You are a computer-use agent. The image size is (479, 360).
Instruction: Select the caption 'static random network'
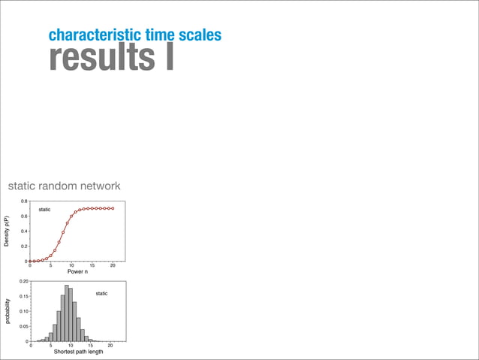[x=64, y=186]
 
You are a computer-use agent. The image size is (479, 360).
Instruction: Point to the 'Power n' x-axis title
[x=77, y=271]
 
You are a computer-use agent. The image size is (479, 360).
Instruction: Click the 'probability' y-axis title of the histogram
[x=8, y=311]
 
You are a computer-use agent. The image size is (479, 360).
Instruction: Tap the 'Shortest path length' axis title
[x=78, y=352]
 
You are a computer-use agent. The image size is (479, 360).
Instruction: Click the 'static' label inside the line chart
[x=44, y=209]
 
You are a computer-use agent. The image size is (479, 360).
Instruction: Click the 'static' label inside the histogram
[x=101, y=293]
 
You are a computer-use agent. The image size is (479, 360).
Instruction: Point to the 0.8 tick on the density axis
[x=24, y=201]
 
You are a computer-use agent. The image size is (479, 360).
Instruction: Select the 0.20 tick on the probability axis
[x=23, y=281]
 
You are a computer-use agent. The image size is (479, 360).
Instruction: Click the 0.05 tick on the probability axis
[x=23, y=327]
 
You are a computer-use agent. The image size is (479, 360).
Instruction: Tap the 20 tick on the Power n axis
[x=113, y=265]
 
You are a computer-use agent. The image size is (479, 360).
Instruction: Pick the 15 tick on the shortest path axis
[x=90, y=346]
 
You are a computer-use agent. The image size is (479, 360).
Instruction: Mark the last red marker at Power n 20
[x=113, y=208]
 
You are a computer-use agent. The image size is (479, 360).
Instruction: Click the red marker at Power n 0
[x=30, y=261]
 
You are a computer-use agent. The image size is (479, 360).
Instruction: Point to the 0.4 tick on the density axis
[x=24, y=231]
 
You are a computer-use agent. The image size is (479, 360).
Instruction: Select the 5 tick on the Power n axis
[x=50, y=265]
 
